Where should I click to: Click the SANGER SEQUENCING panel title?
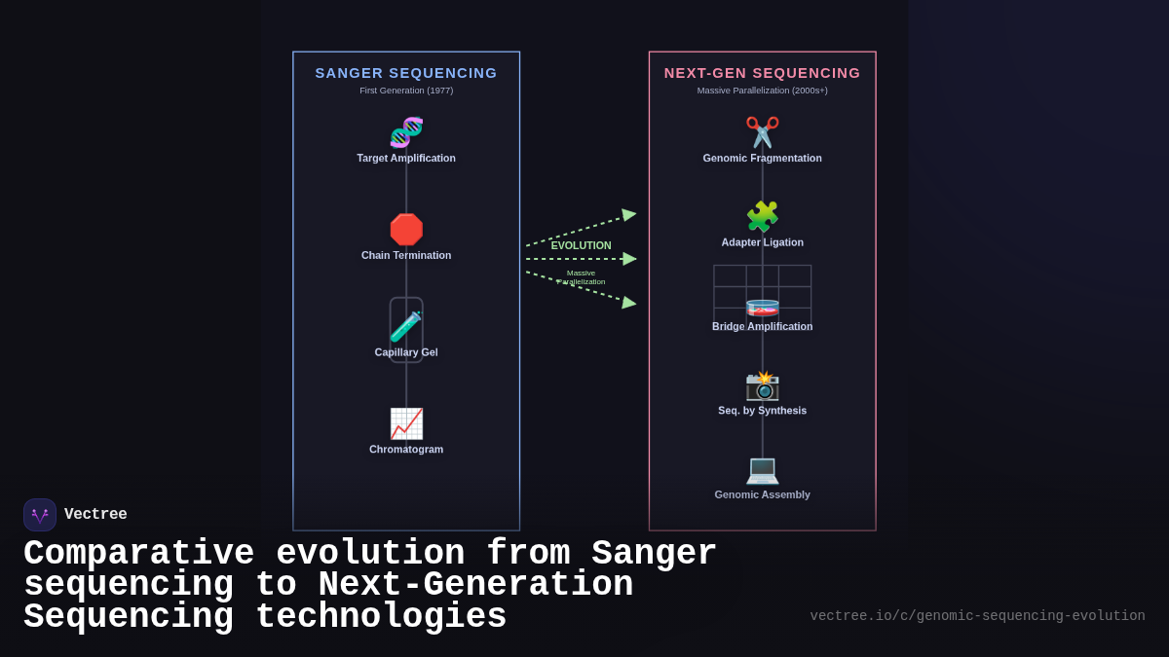[x=406, y=73]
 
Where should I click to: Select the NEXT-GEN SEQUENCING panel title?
[x=762, y=73]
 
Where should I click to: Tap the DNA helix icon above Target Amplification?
[x=406, y=132]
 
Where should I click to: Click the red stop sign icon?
[x=406, y=230]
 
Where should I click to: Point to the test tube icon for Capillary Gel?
[x=406, y=327]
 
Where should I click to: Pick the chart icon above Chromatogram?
[x=406, y=423]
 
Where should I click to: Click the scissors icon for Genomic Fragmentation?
[x=762, y=132]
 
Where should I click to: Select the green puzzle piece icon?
[x=762, y=216]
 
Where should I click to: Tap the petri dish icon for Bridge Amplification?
[x=762, y=308]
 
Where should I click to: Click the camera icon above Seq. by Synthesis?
[x=762, y=385]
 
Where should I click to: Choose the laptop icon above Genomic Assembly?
[x=762, y=469]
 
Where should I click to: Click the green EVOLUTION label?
[x=582, y=245]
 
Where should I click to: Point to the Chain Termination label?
[x=406, y=255]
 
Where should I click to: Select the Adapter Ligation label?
[x=762, y=242]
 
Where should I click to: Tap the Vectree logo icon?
[x=40, y=515]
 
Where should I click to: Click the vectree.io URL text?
[x=977, y=616]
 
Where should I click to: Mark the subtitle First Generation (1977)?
[x=406, y=91]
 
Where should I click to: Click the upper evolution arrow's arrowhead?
[x=629, y=215]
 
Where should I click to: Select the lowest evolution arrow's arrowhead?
[x=629, y=303]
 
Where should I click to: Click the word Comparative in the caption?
[x=138, y=554]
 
